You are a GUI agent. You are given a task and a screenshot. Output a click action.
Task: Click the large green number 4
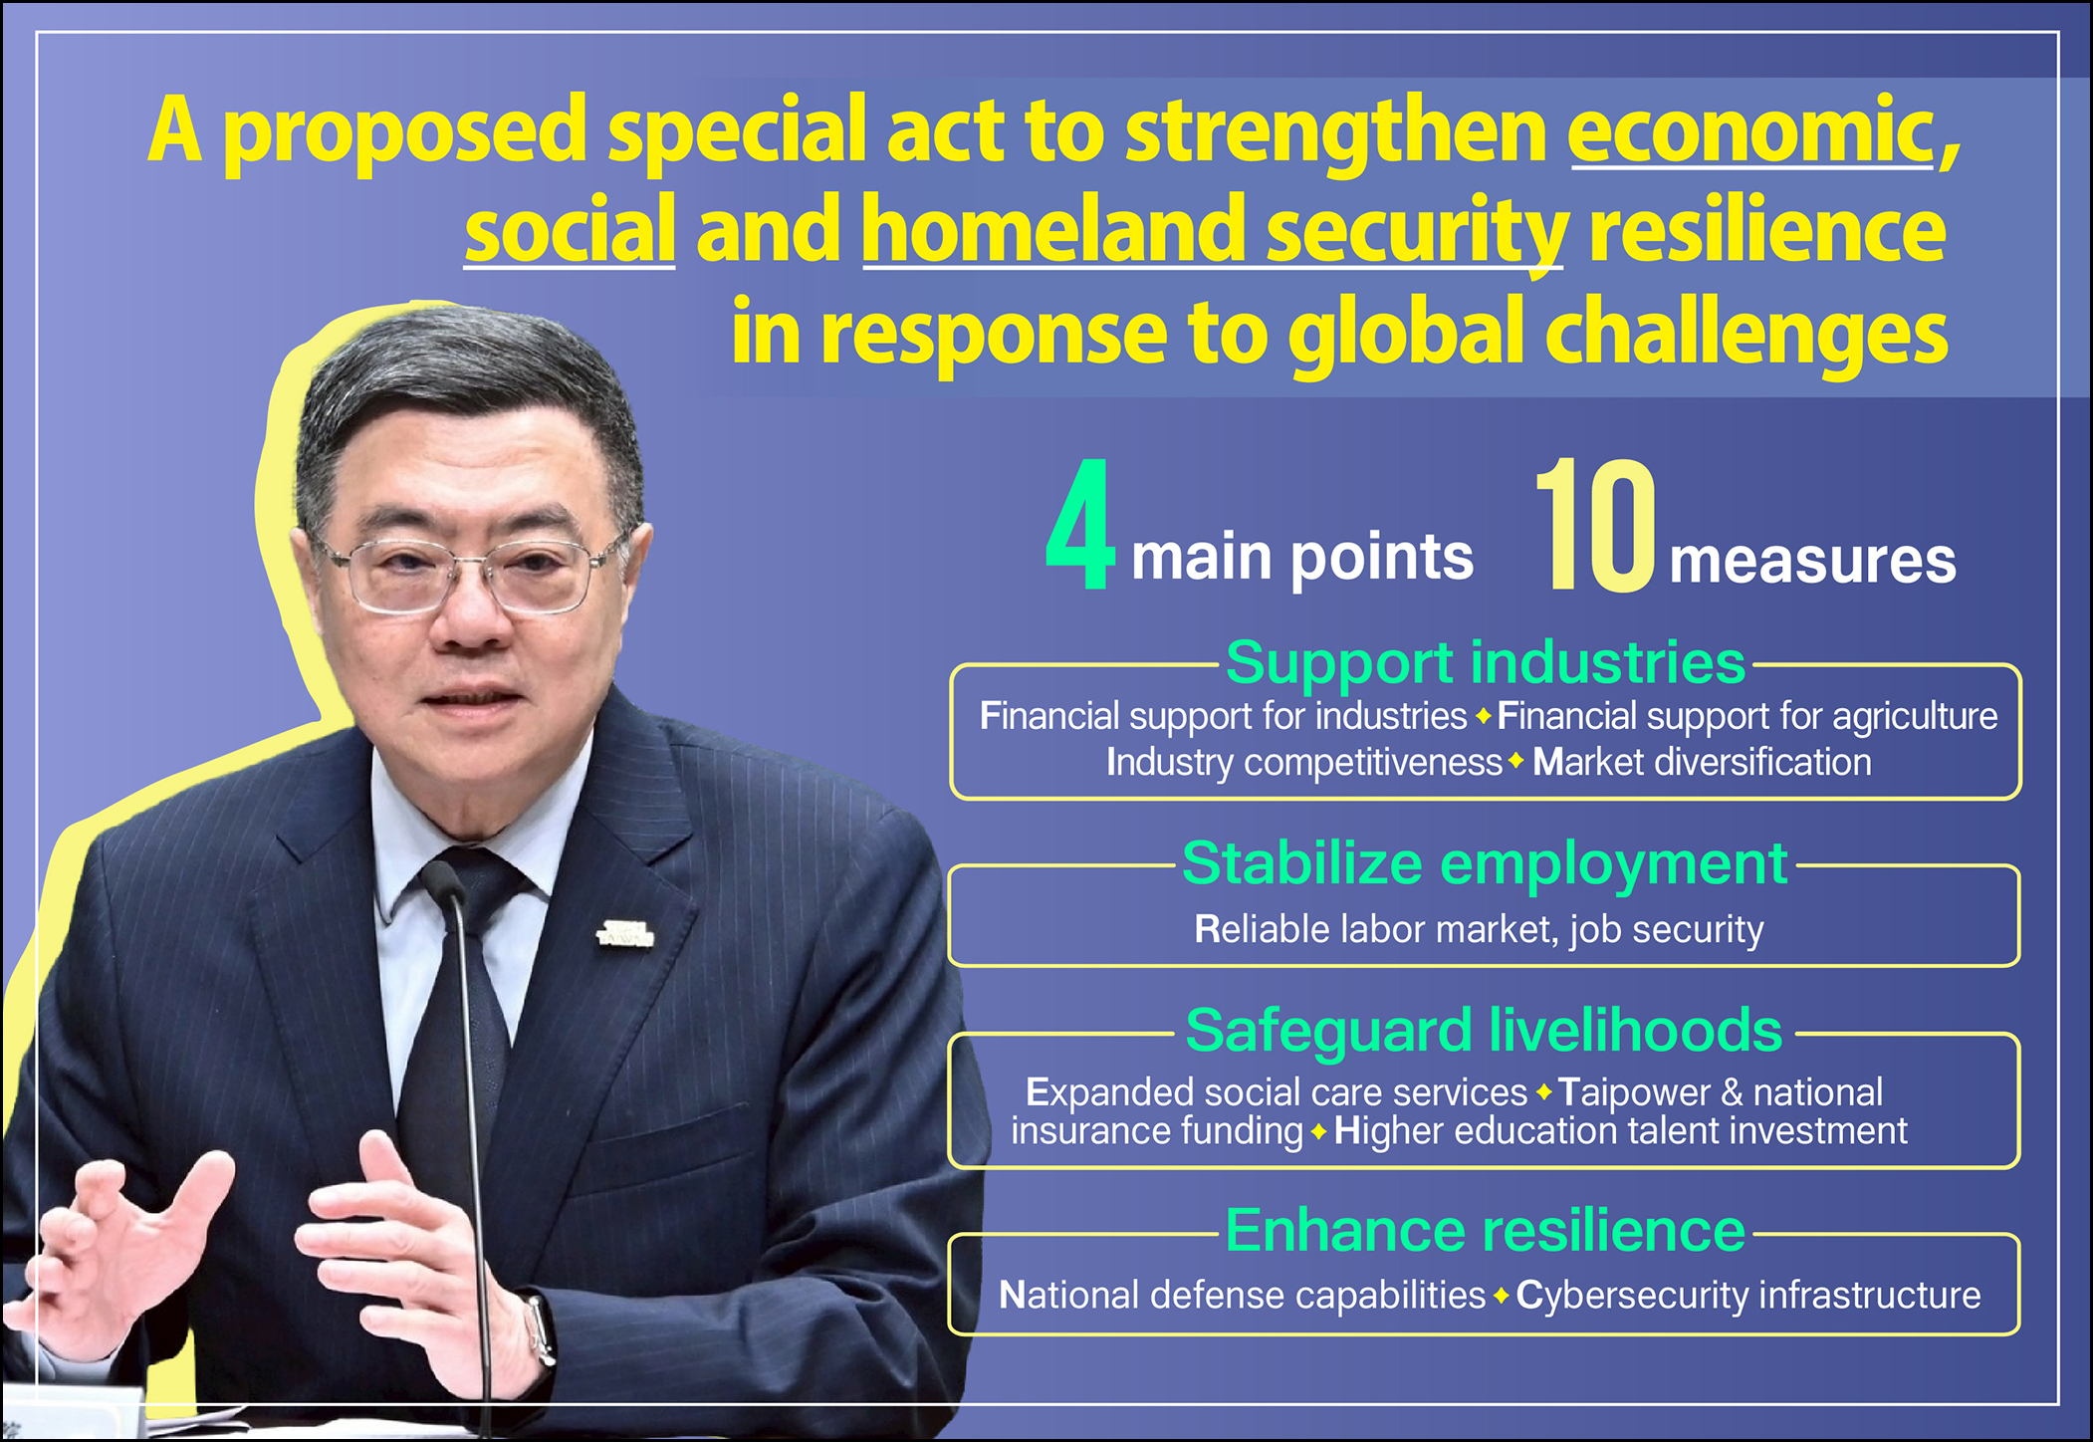pyautogui.click(x=1080, y=524)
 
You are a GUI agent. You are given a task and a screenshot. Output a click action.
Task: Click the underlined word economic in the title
pyautogui.click(x=1751, y=130)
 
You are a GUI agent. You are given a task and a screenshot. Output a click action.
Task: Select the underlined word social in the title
pyautogui.click(x=570, y=230)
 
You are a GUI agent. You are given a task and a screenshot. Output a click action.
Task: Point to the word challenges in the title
pyautogui.click(x=1746, y=335)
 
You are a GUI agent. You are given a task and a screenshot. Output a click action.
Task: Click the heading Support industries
pyautogui.click(x=1485, y=662)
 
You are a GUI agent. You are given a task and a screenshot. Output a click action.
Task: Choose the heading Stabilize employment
pyautogui.click(x=1484, y=863)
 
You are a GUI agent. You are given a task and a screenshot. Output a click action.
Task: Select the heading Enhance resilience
pyautogui.click(x=1485, y=1230)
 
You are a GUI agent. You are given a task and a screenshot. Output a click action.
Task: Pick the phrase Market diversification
pyautogui.click(x=1702, y=762)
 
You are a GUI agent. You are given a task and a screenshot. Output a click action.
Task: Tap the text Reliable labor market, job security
pyautogui.click(x=1479, y=930)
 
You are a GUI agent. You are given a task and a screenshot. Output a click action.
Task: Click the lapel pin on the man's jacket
pyautogui.click(x=625, y=934)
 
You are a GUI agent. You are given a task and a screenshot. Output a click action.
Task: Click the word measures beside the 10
pyautogui.click(x=1812, y=561)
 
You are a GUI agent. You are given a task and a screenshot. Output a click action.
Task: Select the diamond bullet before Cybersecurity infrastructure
pyautogui.click(x=1501, y=1296)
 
